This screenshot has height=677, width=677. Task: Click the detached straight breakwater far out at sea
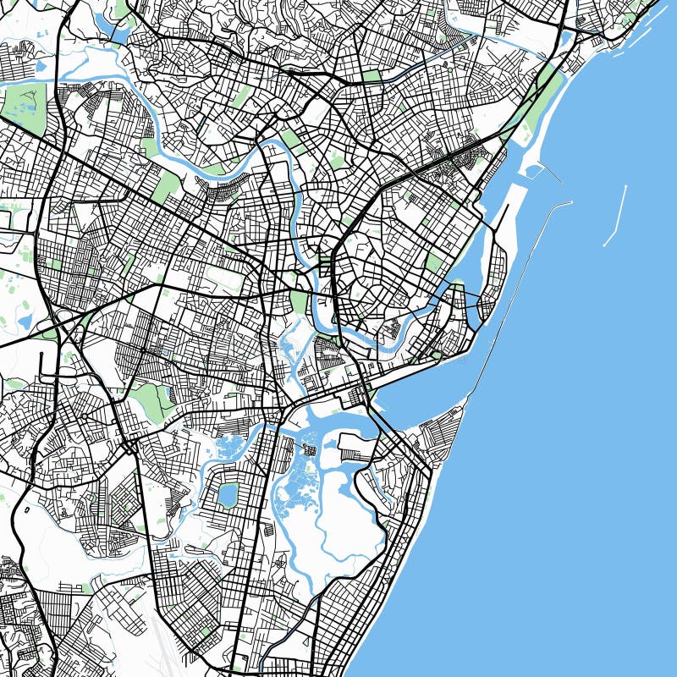(615, 217)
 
